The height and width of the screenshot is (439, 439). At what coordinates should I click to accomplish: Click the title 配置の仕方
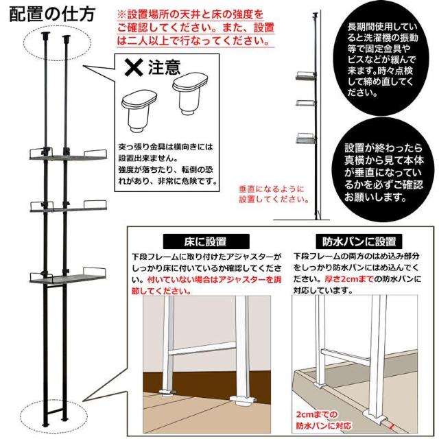pos(52,14)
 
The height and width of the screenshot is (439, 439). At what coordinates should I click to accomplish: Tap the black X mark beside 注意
pos(134,67)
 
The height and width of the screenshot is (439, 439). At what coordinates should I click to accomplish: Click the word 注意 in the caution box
pos(165,67)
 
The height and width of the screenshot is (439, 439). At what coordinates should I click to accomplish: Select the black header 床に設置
pos(206,241)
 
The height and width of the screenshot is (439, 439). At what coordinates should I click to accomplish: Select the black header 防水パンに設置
pos(359,241)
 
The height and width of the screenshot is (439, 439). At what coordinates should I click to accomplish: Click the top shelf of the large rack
pos(68,155)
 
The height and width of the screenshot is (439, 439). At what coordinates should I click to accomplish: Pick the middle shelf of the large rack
pos(68,206)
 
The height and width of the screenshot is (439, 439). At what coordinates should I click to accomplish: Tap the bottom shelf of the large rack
pos(68,276)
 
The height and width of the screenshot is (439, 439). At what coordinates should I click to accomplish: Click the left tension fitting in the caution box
pos(139,110)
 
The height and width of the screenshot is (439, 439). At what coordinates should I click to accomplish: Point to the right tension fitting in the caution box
pos(190,93)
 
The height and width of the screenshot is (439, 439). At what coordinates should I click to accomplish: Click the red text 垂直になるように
pos(272,189)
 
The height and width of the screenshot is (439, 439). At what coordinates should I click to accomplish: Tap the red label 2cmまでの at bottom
pos(317,414)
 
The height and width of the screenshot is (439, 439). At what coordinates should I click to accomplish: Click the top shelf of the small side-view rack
pos(306,76)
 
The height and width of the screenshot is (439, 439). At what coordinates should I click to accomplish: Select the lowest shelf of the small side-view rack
pos(306,139)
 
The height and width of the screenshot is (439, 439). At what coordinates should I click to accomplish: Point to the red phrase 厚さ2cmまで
pos(349,279)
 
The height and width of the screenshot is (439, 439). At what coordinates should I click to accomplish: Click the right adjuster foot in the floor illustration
pos(243,401)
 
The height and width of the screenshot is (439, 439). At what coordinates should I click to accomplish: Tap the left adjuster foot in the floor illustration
pos(167,393)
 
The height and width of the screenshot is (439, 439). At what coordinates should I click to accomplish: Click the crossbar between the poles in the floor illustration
pos(202,348)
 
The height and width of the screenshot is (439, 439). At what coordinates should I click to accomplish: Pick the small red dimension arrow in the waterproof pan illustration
pos(392,427)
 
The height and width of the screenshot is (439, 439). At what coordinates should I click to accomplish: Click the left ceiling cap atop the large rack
pos(46,35)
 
